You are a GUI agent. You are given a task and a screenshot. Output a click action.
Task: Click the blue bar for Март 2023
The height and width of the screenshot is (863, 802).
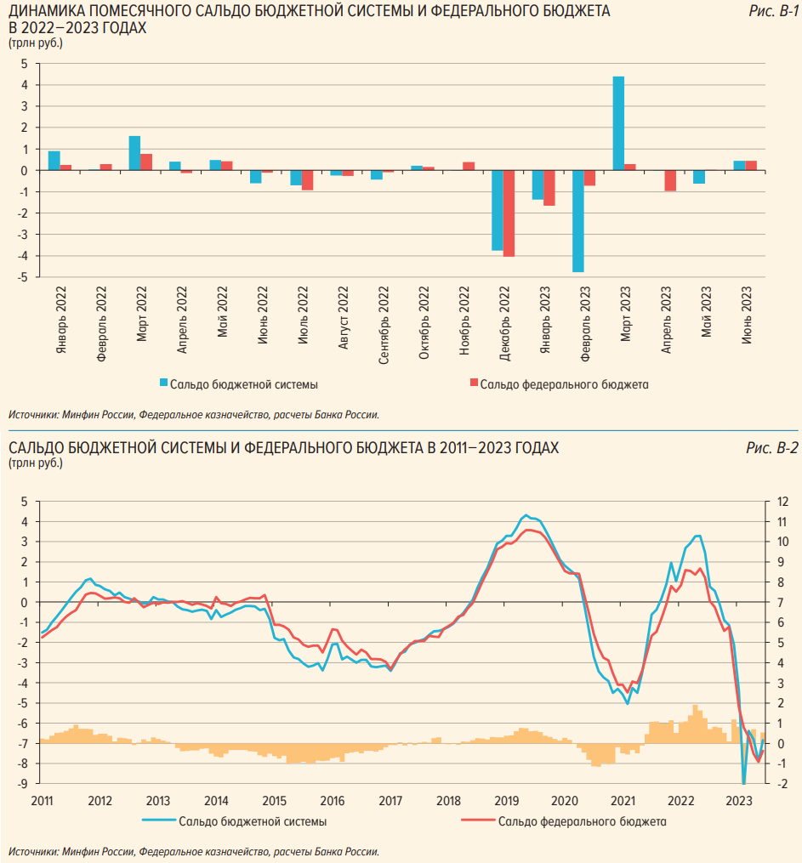[x=618, y=123]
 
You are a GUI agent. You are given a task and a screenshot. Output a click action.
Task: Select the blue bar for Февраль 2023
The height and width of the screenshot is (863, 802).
[x=578, y=221]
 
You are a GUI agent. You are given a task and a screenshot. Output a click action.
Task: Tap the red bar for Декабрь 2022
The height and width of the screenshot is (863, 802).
[x=509, y=213]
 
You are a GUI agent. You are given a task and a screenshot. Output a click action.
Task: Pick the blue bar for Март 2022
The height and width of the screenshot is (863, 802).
[x=134, y=153]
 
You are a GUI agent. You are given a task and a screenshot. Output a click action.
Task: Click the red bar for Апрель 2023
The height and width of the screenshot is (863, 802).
[x=670, y=180]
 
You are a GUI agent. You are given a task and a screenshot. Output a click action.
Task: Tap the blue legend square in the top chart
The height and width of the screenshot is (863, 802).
[x=163, y=384]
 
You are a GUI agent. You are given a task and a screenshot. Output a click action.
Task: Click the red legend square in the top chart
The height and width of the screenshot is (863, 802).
[x=474, y=384]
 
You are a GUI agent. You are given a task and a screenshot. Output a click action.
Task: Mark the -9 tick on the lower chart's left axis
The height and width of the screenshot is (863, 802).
[x=25, y=783]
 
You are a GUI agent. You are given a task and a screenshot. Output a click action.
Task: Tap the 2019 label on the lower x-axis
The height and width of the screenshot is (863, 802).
[x=507, y=801]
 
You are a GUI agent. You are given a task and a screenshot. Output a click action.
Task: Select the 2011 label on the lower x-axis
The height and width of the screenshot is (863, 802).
[x=42, y=801]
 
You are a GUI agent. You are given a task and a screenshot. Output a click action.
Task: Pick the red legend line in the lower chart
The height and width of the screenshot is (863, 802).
[x=476, y=822]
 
